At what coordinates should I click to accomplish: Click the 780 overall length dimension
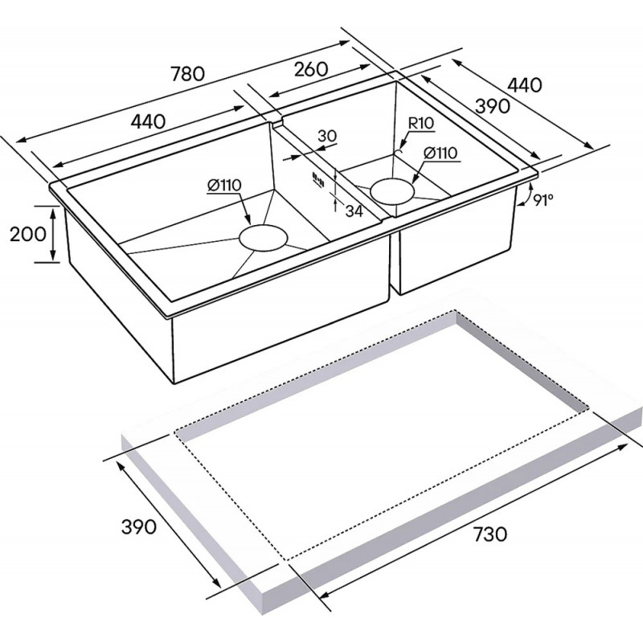point(187,74)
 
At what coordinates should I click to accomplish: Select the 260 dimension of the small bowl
point(311,69)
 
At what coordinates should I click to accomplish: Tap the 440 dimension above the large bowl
point(149,121)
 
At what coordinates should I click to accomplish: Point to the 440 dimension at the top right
point(525,85)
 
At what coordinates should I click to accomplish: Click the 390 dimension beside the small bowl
point(493,106)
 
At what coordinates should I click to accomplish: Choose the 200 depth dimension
point(28,235)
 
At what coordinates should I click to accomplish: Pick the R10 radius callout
point(421,123)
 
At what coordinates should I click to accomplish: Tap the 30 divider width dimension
point(327,136)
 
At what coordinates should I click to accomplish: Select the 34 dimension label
point(354,211)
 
